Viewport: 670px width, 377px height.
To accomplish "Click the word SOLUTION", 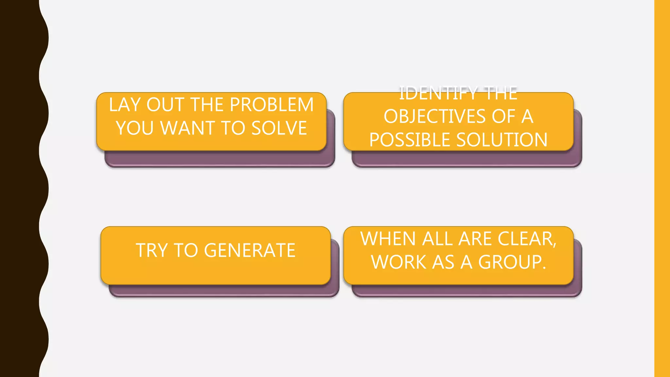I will pos(502,140).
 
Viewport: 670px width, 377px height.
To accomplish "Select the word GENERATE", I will pos(250,250).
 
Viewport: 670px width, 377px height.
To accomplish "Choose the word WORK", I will pos(398,262).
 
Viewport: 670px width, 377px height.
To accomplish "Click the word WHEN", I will pos(388,239).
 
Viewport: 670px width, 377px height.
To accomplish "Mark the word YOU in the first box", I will pos(134,128).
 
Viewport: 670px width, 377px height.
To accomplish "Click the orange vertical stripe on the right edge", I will pos(662,188).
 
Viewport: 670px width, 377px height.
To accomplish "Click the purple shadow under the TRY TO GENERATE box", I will pos(222,291).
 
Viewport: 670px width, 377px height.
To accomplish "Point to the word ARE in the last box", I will pos(476,239).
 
